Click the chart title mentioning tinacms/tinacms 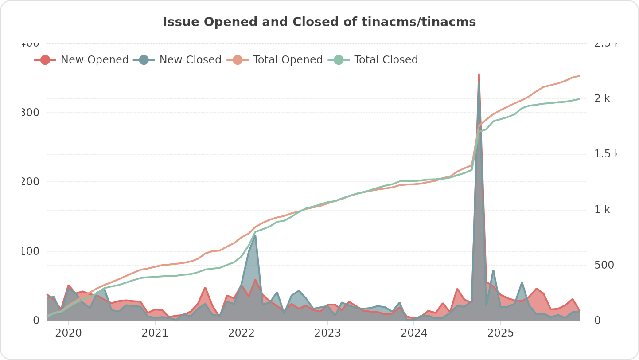(x=319, y=22)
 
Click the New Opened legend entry (x=82, y=60)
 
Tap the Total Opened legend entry (x=275, y=60)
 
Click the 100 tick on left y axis (x=30, y=251)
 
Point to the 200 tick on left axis (x=30, y=182)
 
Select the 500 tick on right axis (x=604, y=265)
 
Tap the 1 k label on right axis (x=602, y=210)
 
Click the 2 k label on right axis (x=602, y=98)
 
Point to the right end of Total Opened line (x=579, y=76)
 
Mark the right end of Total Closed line (x=579, y=99)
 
